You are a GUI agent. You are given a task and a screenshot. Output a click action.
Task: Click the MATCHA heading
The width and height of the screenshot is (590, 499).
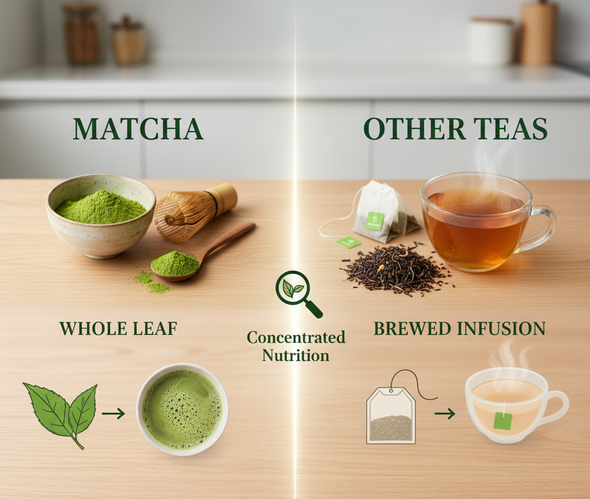click(x=138, y=129)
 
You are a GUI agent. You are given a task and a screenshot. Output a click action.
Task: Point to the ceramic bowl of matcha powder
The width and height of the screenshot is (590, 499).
click(x=100, y=216)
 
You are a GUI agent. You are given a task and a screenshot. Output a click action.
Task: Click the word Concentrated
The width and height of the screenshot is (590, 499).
click(x=296, y=337)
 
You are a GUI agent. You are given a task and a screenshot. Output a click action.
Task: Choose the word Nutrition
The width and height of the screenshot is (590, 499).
click(x=296, y=356)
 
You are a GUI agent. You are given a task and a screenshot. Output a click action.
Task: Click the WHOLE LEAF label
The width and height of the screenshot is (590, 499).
click(x=119, y=328)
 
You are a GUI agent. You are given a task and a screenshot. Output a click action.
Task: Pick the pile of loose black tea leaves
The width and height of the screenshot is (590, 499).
click(x=397, y=269)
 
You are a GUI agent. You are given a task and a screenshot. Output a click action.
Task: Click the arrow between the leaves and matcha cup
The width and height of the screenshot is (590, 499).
click(x=114, y=414)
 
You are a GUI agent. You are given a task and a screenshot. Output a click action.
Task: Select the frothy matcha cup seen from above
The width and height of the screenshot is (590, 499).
click(x=183, y=410)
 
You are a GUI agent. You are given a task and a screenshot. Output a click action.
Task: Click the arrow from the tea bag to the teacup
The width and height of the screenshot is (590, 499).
click(x=445, y=414)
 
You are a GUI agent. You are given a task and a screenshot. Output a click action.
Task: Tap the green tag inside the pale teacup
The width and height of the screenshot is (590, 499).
click(x=503, y=421)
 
